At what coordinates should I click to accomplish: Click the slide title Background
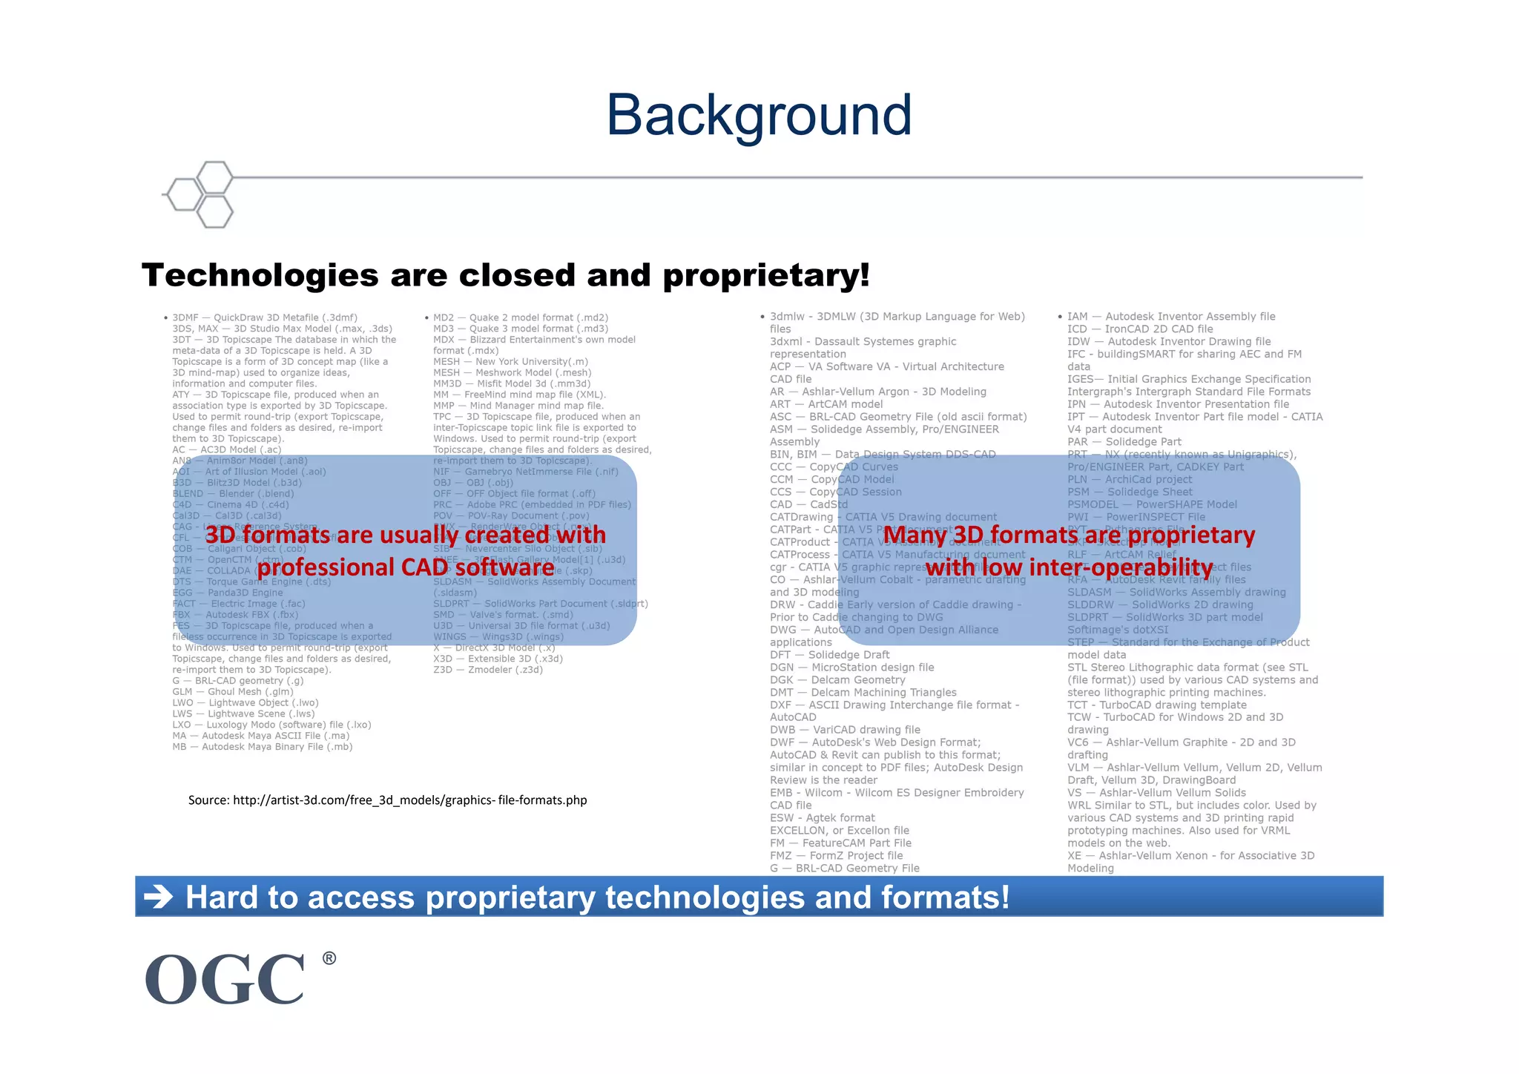[759, 116]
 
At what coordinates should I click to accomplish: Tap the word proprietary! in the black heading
[765, 275]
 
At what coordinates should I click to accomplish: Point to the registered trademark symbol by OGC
[329, 958]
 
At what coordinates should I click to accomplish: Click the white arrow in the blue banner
[158, 897]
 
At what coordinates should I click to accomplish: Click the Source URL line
[387, 800]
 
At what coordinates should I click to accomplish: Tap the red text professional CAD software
[405, 567]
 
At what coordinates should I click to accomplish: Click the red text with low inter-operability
[1069, 567]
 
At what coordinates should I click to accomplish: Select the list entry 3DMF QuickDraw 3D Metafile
[265, 317]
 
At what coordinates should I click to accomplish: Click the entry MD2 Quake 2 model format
[521, 317]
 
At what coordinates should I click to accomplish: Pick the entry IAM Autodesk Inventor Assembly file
[1171, 317]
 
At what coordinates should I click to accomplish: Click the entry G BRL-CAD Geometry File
[844, 868]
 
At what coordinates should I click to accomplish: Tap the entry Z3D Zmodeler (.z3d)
[487, 670]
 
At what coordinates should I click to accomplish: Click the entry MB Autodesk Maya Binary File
[262, 747]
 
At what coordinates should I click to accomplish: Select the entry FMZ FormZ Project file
[836, 855]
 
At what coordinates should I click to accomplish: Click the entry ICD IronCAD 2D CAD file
[1140, 329]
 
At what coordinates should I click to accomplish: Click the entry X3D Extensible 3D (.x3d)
[498, 659]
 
